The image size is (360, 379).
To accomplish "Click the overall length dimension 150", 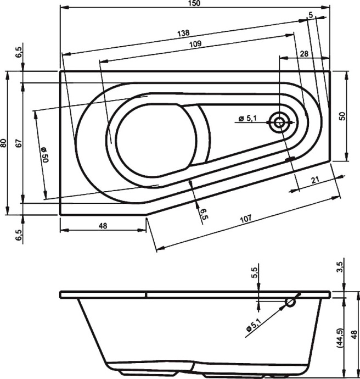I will click(195, 4).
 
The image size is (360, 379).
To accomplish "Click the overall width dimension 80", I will click(4, 143).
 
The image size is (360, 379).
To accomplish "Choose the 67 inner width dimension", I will click(18, 143).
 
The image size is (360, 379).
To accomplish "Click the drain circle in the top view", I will click(279, 122).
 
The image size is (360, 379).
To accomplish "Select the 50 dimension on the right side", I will click(342, 116).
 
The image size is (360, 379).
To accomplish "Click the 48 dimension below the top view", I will click(102, 225).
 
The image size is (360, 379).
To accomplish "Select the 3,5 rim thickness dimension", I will click(340, 267).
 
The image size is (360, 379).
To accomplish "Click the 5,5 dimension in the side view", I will click(254, 274).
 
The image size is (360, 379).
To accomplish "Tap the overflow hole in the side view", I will click(291, 302).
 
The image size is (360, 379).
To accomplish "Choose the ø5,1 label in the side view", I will click(255, 321).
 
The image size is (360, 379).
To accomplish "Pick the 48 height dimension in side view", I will click(354, 333).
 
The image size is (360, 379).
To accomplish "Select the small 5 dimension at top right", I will click(311, 16).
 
